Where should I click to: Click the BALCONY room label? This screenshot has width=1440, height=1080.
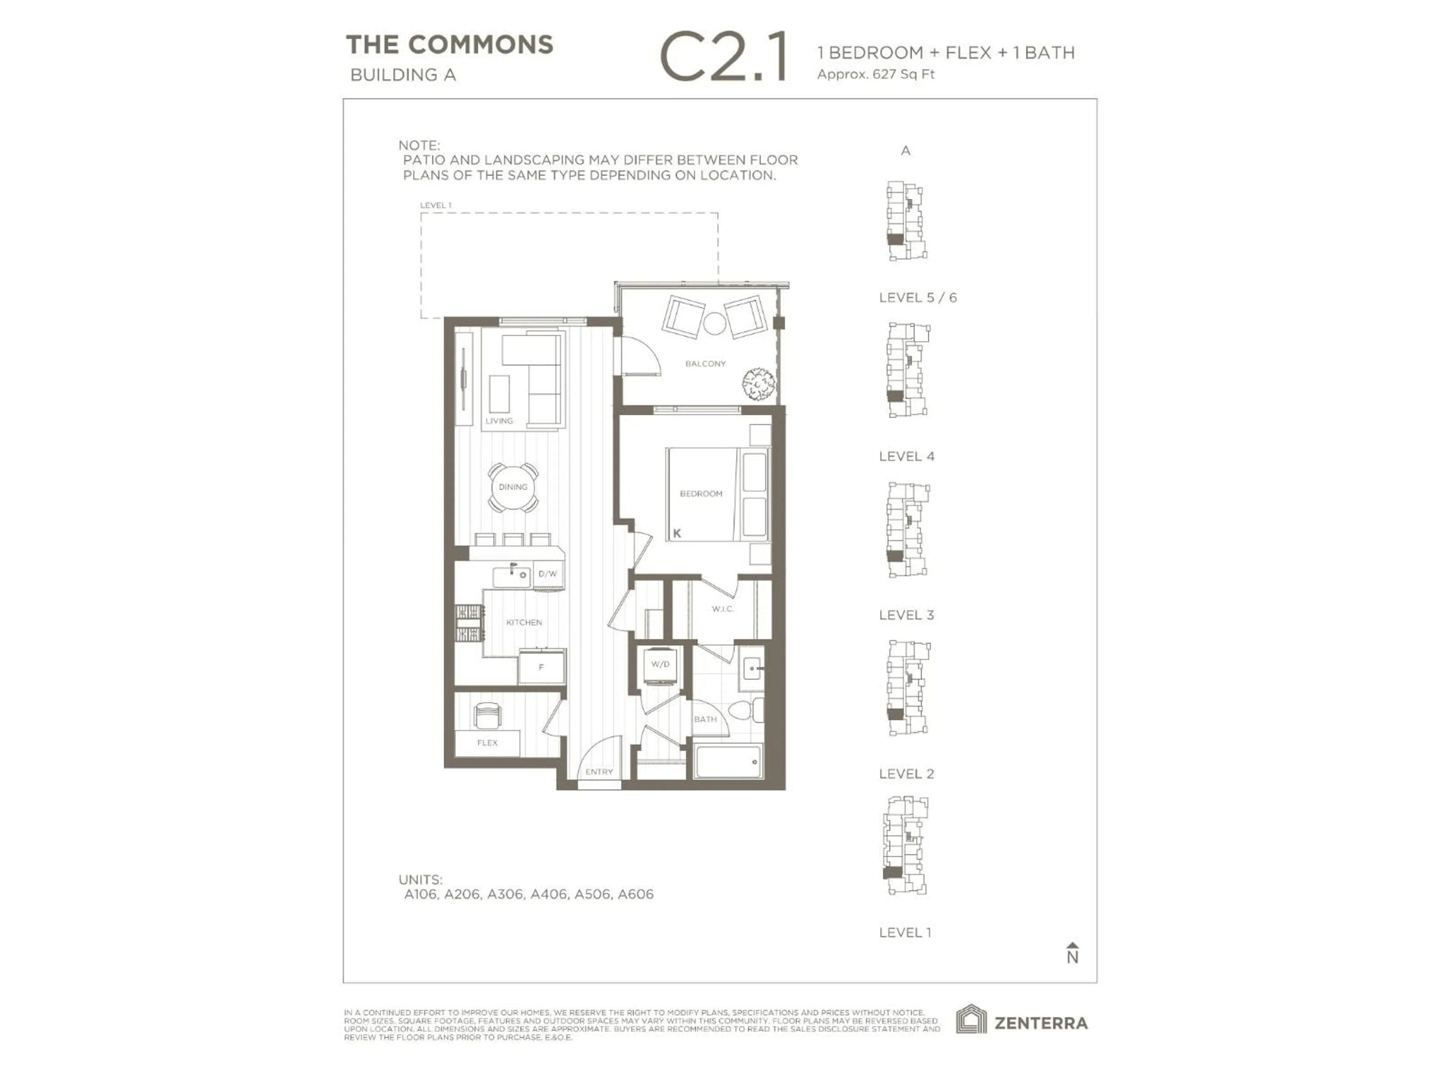click(705, 363)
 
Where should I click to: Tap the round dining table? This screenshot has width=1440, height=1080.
click(513, 487)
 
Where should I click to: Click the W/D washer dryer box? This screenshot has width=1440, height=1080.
click(660, 664)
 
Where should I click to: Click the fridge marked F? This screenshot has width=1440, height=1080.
click(541, 667)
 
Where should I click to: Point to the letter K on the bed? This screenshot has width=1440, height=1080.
click(677, 533)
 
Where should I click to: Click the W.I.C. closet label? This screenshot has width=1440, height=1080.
click(723, 609)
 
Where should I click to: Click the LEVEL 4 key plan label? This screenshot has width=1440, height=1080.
click(906, 456)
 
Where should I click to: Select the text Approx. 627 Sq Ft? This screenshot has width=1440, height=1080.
click(876, 74)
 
